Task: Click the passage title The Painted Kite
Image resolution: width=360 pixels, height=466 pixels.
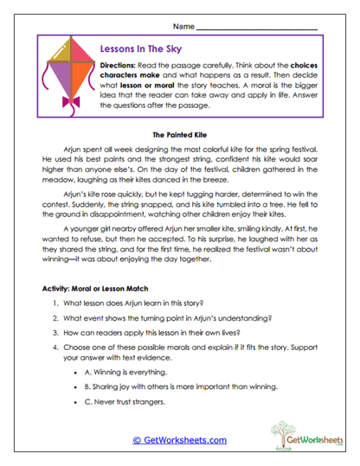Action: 180,136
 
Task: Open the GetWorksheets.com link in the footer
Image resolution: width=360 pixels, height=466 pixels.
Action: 179,441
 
